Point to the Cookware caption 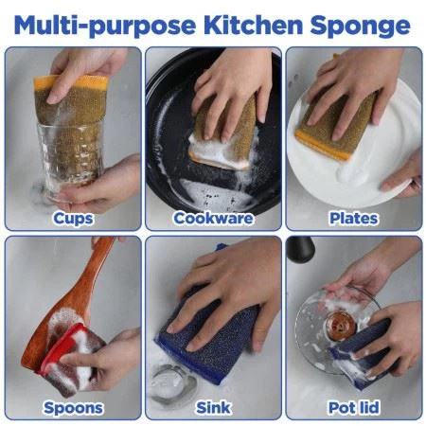point(212,219)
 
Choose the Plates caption point(353,219)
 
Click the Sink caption point(212,408)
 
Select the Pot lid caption point(353,408)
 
